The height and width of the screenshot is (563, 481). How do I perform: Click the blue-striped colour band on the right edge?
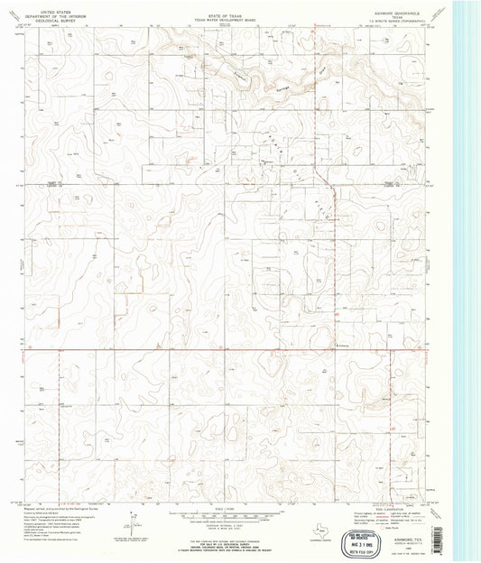[467, 271]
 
